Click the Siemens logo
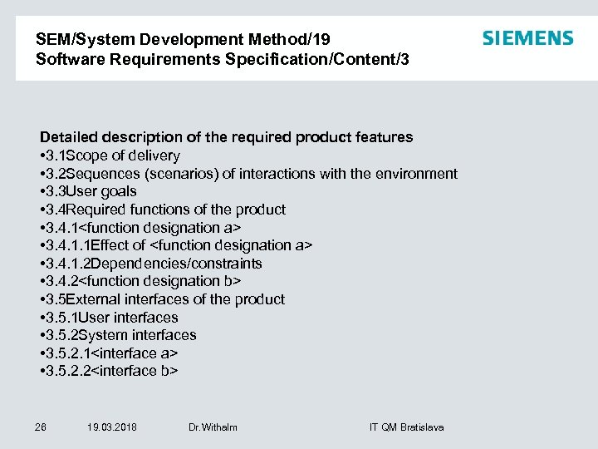527,38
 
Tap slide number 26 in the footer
41,427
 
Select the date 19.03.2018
111,427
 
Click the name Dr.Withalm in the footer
213,427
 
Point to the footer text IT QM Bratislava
406,427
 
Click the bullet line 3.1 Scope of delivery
110,155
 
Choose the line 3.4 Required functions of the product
163,210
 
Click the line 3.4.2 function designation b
140,281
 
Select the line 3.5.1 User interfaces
109,318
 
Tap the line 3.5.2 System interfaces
118,335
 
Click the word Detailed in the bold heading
68,136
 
